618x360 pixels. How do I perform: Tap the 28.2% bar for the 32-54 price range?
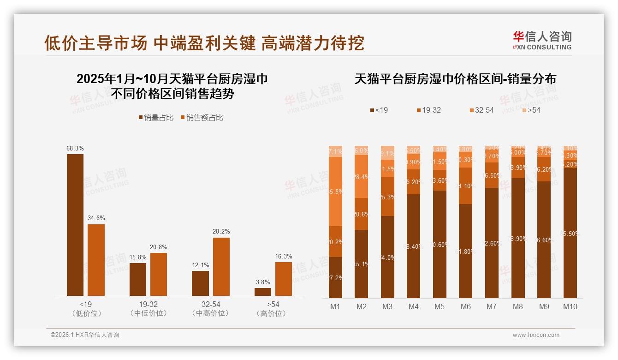(x=221, y=266)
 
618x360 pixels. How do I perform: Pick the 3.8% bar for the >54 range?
(x=263, y=292)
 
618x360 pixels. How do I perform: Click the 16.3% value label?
(x=284, y=256)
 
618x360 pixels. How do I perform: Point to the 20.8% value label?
(x=159, y=247)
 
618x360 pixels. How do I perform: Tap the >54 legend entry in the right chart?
(x=531, y=110)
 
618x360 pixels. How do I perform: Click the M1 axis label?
(x=335, y=306)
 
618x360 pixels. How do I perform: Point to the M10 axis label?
(x=570, y=306)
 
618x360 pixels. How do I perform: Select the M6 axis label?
(x=466, y=306)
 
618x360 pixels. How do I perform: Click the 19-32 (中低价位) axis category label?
(x=149, y=309)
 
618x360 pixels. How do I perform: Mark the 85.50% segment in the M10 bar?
(x=570, y=233)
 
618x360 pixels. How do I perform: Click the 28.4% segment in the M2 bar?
(x=361, y=176)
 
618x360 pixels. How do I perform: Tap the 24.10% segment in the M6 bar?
(x=466, y=186)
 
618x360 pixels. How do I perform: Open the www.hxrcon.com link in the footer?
(x=536, y=335)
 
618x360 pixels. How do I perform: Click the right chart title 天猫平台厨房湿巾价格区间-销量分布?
(x=455, y=79)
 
